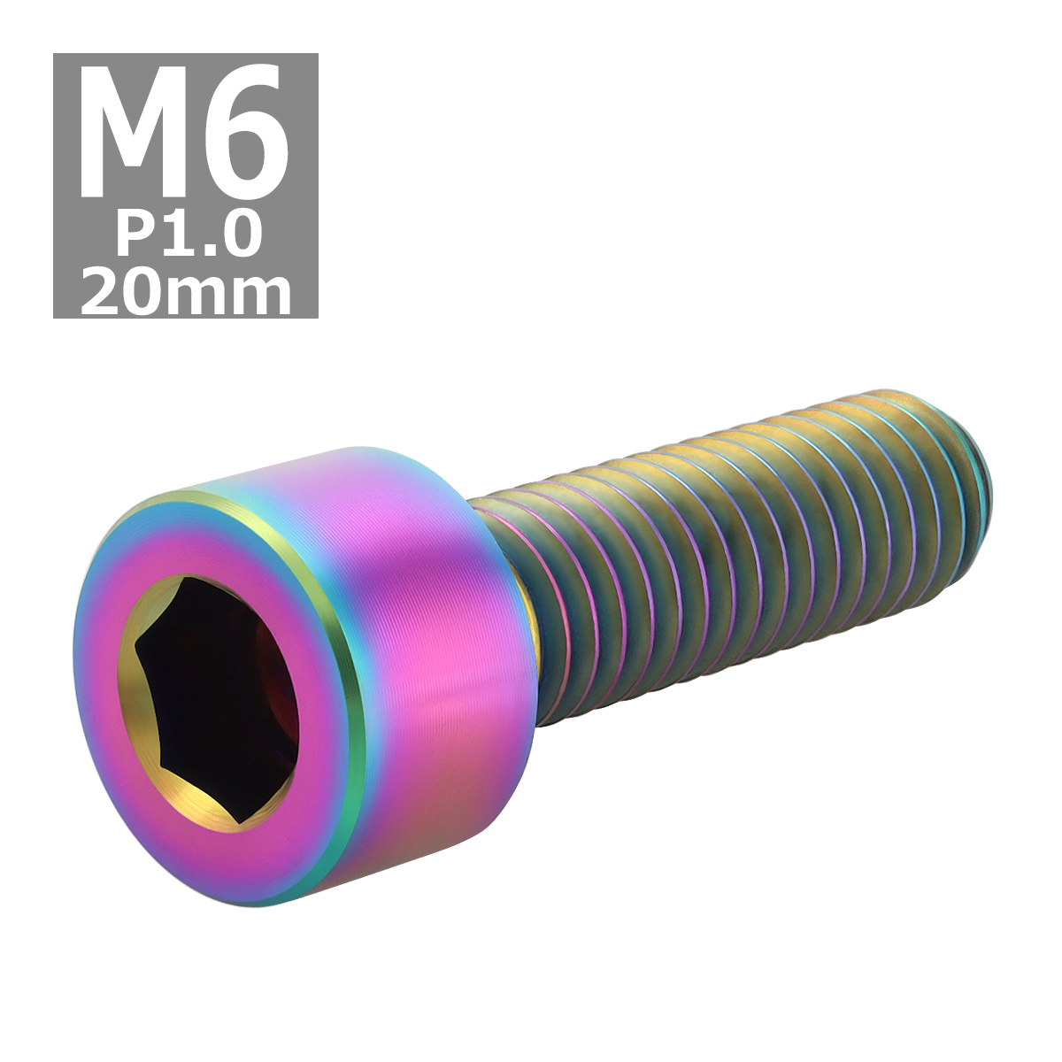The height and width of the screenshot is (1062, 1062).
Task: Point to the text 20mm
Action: tap(186, 291)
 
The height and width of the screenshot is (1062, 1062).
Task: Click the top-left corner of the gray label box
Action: tap(55, 55)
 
